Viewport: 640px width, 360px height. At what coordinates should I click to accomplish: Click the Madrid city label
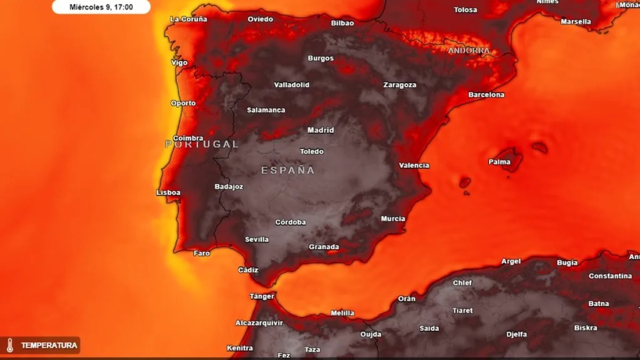point(321,130)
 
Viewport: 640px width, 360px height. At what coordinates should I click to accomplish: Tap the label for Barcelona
point(486,95)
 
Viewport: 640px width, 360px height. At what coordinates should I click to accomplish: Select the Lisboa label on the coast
point(168,193)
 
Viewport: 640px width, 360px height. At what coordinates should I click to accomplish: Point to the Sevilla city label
point(257,239)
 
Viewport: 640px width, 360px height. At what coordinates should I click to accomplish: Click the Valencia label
point(414,165)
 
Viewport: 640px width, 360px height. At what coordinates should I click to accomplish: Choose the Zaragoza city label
point(399,85)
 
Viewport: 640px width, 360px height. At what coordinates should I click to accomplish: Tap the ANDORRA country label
point(469,51)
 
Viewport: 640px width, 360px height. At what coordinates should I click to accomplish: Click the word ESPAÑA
point(288,171)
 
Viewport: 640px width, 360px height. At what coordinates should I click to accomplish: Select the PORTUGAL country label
point(202,144)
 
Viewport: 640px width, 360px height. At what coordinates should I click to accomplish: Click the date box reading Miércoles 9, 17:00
point(101,7)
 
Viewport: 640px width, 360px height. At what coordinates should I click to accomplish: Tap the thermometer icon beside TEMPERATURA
point(10,346)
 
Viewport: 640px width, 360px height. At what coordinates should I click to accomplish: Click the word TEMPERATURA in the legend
point(49,346)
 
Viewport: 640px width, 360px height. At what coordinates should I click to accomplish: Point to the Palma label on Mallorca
point(500,162)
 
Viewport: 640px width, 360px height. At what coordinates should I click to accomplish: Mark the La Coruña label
point(188,19)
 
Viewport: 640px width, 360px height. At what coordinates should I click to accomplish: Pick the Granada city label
point(324,247)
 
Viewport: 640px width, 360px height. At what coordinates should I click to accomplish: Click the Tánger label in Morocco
point(262,296)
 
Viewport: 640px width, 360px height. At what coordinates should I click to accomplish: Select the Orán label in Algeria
point(406,299)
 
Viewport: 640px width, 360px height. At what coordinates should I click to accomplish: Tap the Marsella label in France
point(575,22)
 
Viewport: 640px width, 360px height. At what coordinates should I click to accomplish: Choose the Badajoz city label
point(229,187)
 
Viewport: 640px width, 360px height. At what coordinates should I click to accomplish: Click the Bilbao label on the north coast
point(342,23)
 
